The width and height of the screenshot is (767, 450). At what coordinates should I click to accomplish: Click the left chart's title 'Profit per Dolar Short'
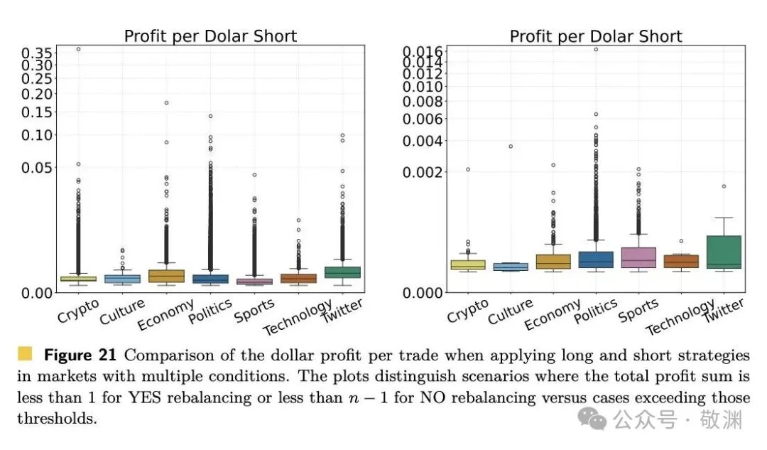coord(210,36)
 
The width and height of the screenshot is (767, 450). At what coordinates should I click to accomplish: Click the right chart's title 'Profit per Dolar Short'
coord(596,36)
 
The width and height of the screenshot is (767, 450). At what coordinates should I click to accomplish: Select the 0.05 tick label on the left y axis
coord(36,168)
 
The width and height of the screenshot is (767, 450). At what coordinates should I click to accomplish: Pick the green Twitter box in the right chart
coord(724,252)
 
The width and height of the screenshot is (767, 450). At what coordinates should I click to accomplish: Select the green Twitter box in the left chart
coord(342,272)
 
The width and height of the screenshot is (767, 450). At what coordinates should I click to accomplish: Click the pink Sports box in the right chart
coord(638,257)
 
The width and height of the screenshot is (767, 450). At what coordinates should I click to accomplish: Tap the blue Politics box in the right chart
coord(596,259)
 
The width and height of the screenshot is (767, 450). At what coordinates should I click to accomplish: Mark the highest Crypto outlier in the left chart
coord(78,49)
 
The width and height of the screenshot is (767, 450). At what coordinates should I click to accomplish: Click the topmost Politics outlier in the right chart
coord(596,50)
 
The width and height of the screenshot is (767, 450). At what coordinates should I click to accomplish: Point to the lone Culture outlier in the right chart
coord(510,146)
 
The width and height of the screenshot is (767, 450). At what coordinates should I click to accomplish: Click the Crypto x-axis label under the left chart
coord(78,311)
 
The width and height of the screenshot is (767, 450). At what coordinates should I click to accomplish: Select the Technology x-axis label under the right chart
coord(680,317)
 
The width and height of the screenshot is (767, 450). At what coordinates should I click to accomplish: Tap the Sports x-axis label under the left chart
coord(254,311)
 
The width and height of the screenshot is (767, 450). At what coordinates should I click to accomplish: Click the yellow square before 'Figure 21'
coord(25,354)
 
